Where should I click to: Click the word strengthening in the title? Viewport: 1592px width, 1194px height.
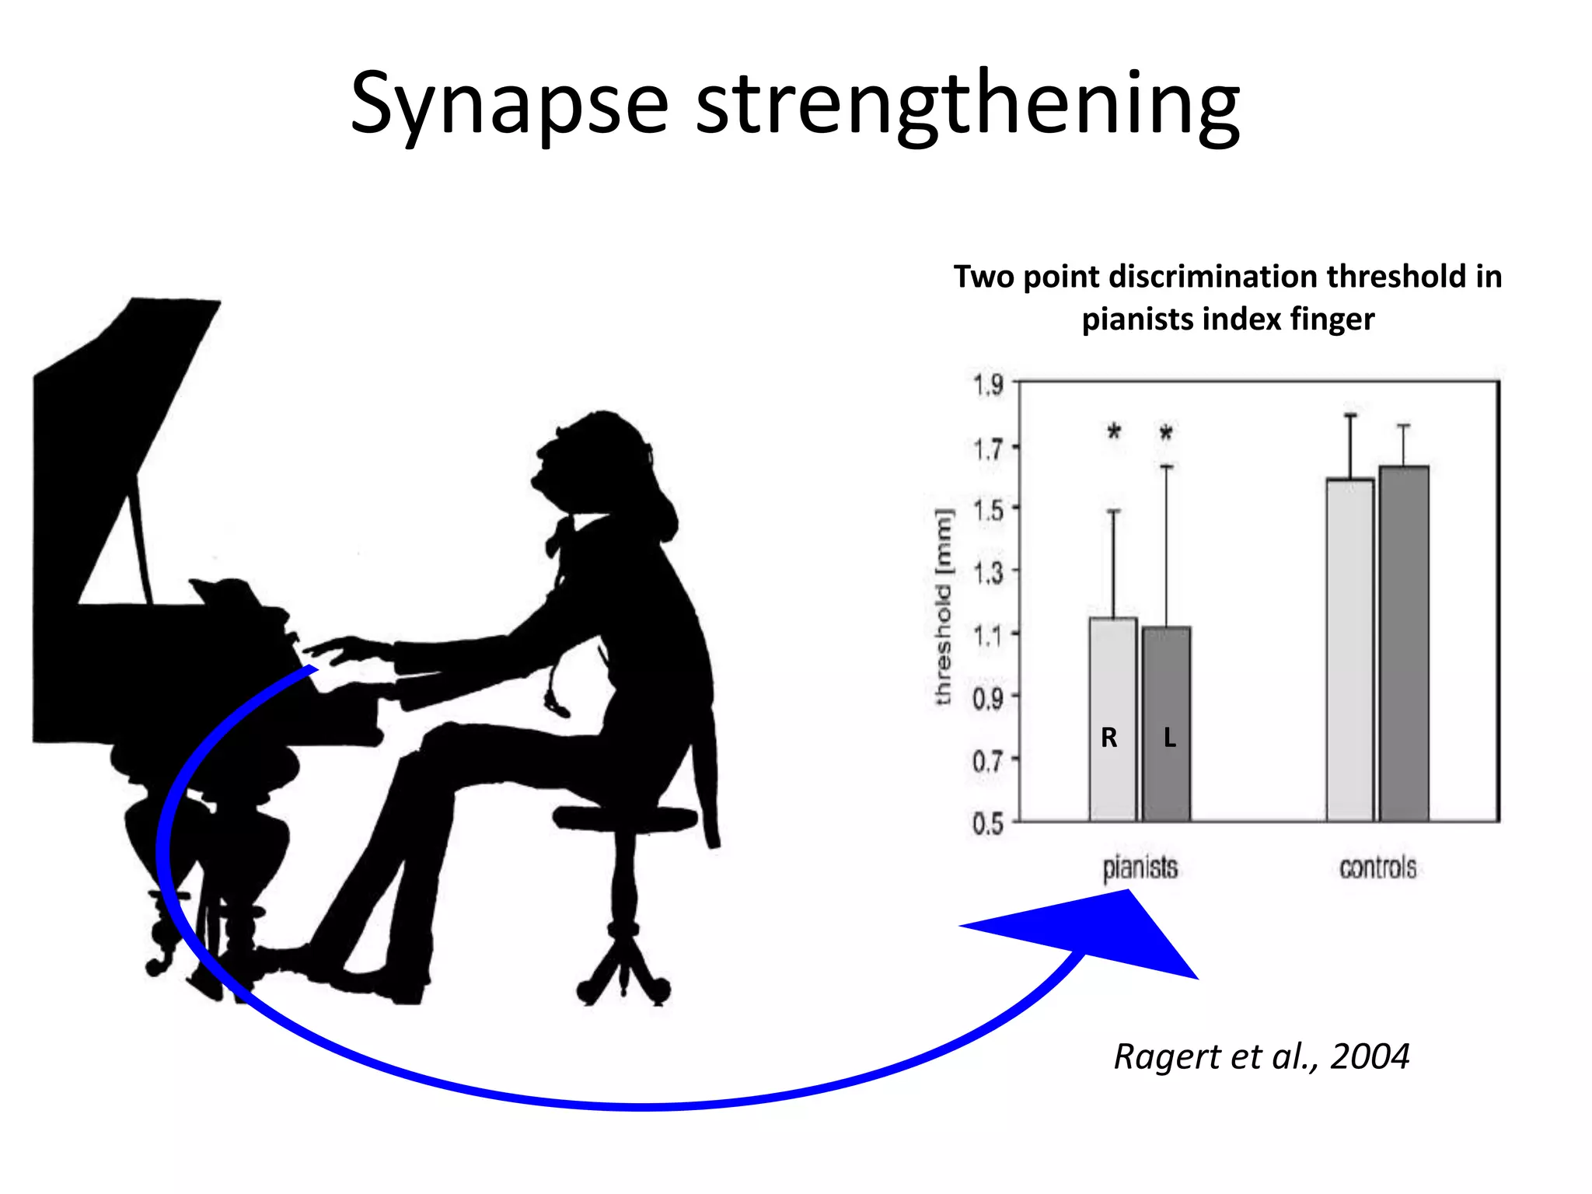(967, 105)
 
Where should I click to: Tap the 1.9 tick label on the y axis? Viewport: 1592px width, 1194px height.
(988, 384)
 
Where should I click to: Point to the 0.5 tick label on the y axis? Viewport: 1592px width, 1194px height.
(988, 823)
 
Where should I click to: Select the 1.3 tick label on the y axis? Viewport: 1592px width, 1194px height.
(988, 573)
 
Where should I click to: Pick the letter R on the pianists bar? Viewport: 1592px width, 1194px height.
(1109, 738)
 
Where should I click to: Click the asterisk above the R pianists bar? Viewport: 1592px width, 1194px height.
(1114, 432)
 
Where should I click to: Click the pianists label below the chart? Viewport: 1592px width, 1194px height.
(1140, 868)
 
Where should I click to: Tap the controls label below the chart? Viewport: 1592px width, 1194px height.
(1377, 868)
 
